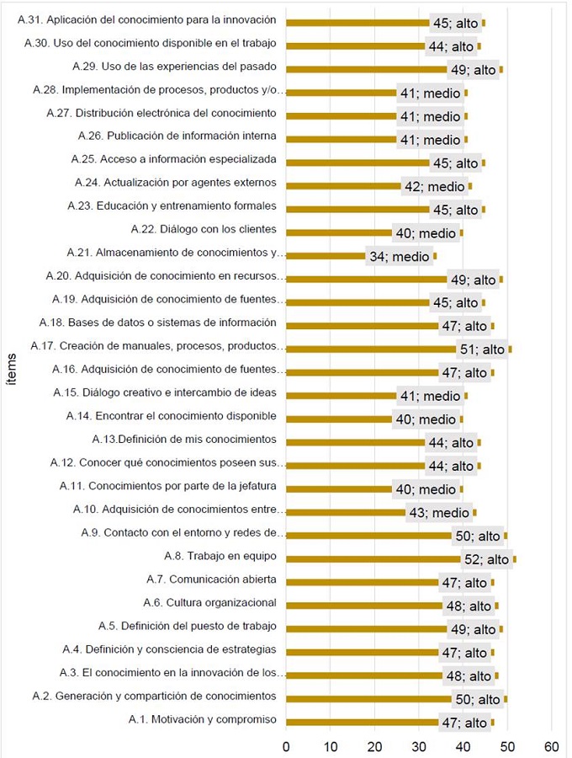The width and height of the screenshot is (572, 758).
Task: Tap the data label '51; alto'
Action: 482,350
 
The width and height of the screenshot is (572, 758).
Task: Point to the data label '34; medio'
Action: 399,257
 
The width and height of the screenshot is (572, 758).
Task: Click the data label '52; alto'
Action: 487,559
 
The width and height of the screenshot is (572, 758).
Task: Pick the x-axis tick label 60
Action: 552,745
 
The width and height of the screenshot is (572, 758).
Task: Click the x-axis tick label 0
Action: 286,745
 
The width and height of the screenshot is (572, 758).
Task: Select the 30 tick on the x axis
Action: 419,745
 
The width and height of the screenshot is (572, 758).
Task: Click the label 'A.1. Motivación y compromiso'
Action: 202,719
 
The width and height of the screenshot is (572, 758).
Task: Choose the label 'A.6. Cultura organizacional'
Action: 209,602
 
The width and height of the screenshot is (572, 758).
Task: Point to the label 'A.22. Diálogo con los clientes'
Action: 204,229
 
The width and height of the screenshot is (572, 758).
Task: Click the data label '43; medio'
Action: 440,513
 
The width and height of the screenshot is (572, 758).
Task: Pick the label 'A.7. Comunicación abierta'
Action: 211,579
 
